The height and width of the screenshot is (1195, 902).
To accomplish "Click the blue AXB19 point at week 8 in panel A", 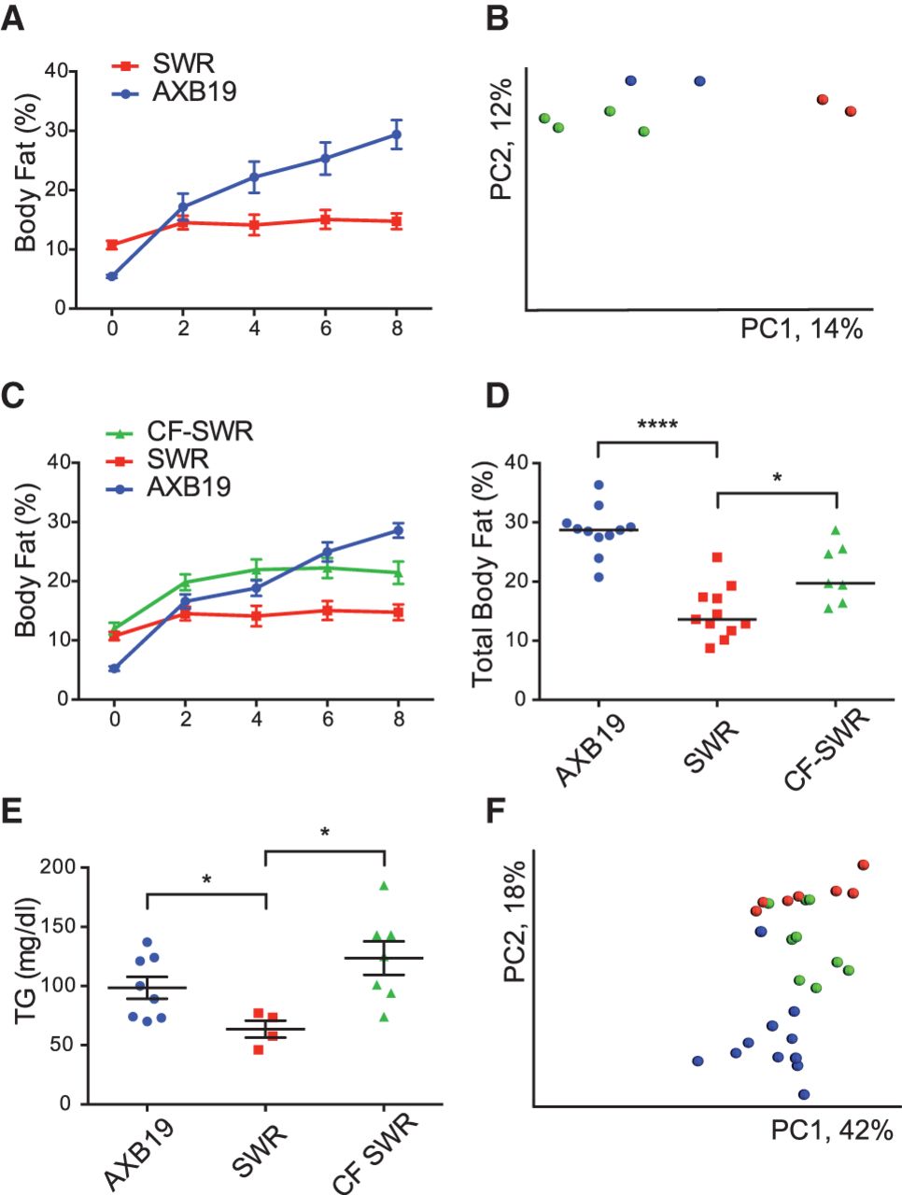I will click(396, 134).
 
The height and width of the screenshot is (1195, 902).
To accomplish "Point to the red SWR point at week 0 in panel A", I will click(112, 245).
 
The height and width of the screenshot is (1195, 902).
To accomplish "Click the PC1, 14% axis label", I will click(801, 329).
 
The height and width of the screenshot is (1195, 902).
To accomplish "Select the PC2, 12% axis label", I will click(501, 140).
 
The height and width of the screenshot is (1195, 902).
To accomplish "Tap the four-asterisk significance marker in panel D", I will click(657, 426).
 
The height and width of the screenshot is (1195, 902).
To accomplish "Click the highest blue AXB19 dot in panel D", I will click(599, 485).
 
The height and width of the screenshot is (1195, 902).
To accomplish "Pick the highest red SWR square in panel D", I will click(717, 557).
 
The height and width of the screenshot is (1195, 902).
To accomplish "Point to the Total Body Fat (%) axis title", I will click(483, 582).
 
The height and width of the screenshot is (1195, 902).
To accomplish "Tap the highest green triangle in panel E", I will click(384, 886).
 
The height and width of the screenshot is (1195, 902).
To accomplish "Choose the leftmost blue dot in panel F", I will click(698, 1061).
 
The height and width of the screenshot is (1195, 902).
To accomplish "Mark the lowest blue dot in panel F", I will click(804, 1094).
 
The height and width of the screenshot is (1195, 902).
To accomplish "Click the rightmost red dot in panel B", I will click(851, 111).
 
